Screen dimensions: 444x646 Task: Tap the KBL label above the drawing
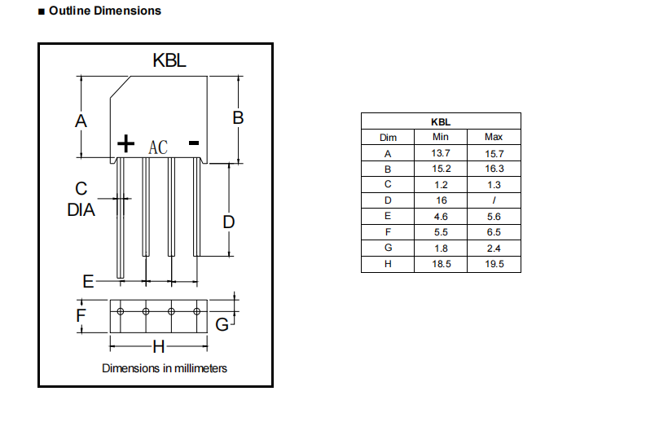(170, 60)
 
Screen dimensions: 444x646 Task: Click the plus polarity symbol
(125, 144)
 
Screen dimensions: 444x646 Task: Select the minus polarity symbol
(194, 143)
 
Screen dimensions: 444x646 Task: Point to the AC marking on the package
(158, 147)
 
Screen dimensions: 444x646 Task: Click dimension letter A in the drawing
(80, 121)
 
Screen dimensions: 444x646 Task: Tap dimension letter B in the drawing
(238, 117)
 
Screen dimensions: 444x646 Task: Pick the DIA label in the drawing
(81, 210)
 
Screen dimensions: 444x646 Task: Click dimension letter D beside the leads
(229, 222)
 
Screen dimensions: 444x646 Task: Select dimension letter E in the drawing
(88, 282)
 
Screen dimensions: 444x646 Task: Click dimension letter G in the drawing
(222, 324)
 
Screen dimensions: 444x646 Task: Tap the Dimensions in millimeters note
(165, 368)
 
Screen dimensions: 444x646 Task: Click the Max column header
(494, 137)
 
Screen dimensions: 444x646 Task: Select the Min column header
(441, 137)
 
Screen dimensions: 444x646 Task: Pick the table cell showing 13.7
(441, 153)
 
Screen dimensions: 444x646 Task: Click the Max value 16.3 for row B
(494, 169)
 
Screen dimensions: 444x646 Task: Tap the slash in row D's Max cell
(494, 200)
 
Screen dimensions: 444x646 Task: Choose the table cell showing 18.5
(441, 264)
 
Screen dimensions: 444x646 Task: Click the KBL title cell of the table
(441, 121)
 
